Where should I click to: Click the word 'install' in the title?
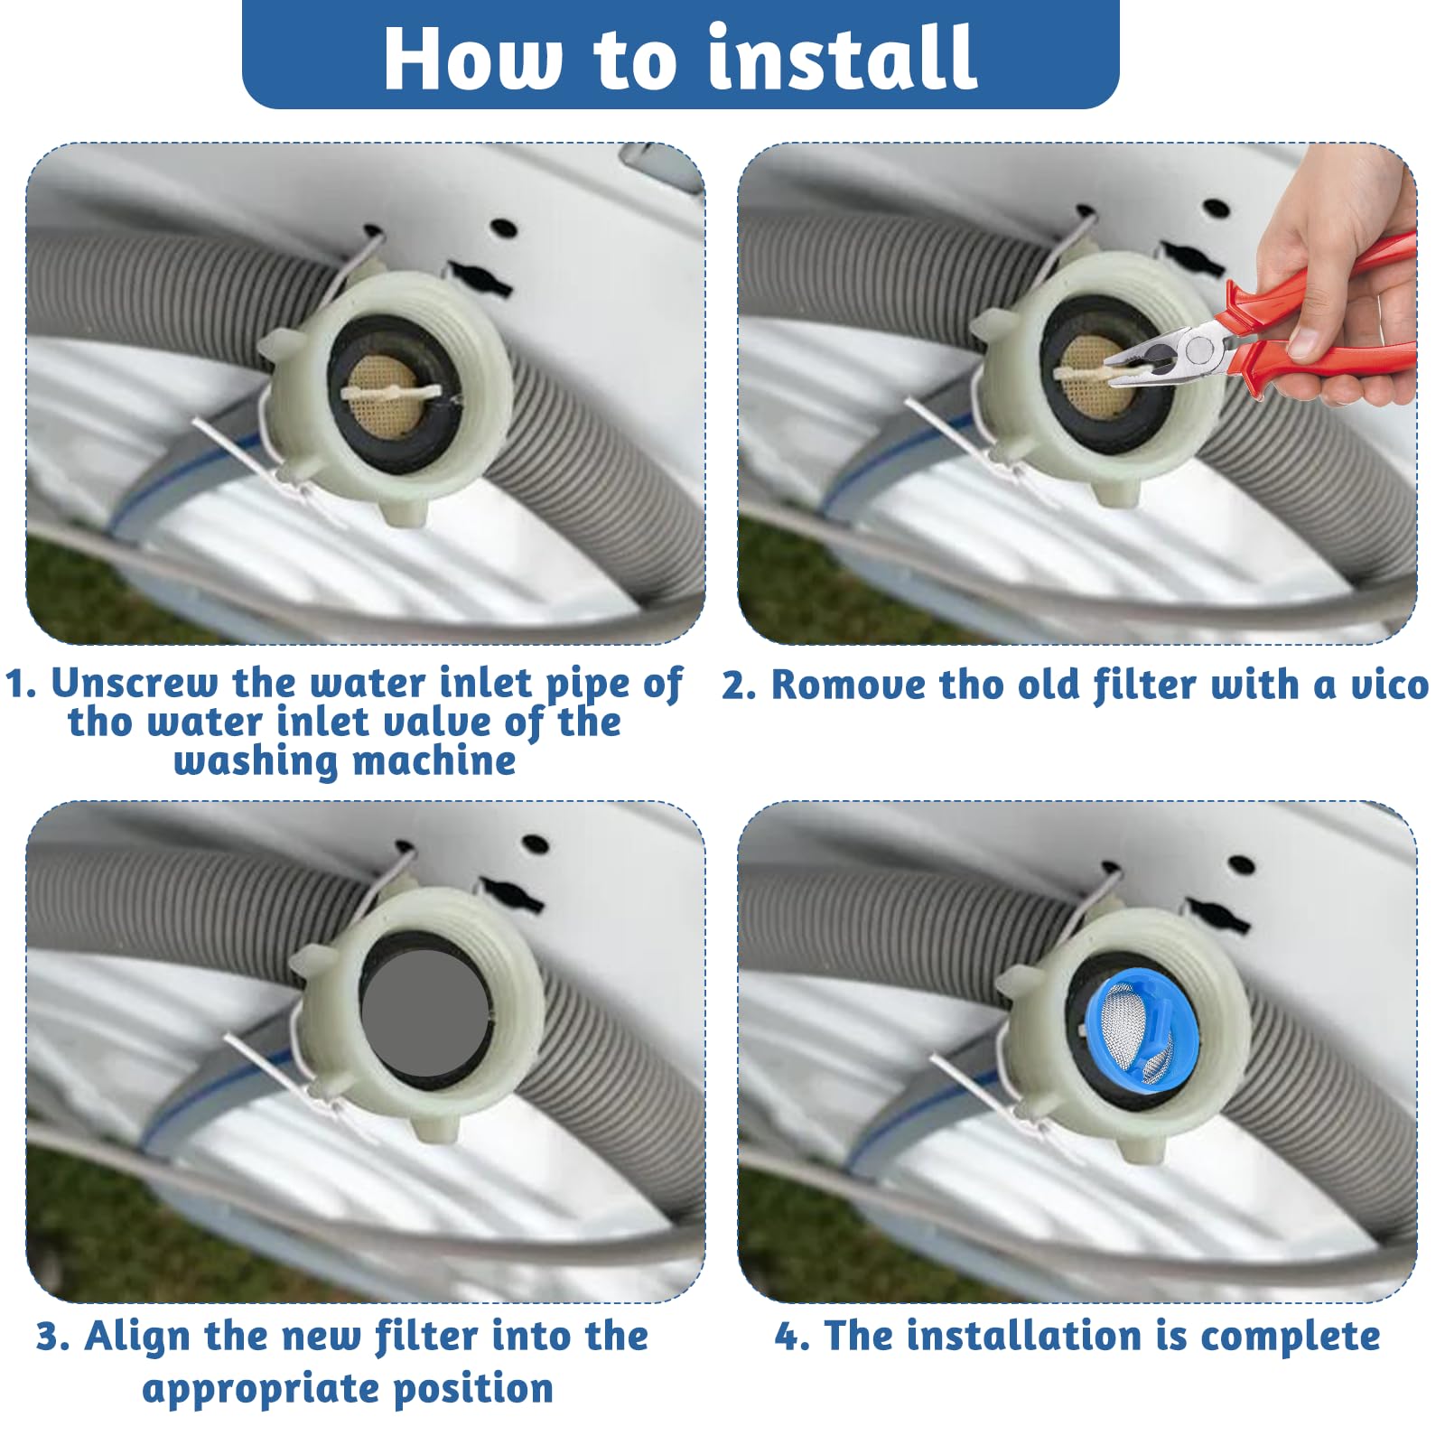[x=842, y=57]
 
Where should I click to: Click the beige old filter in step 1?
[x=390, y=393]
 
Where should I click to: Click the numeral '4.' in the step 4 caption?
[x=793, y=1337]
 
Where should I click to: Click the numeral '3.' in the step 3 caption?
[x=53, y=1337]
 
